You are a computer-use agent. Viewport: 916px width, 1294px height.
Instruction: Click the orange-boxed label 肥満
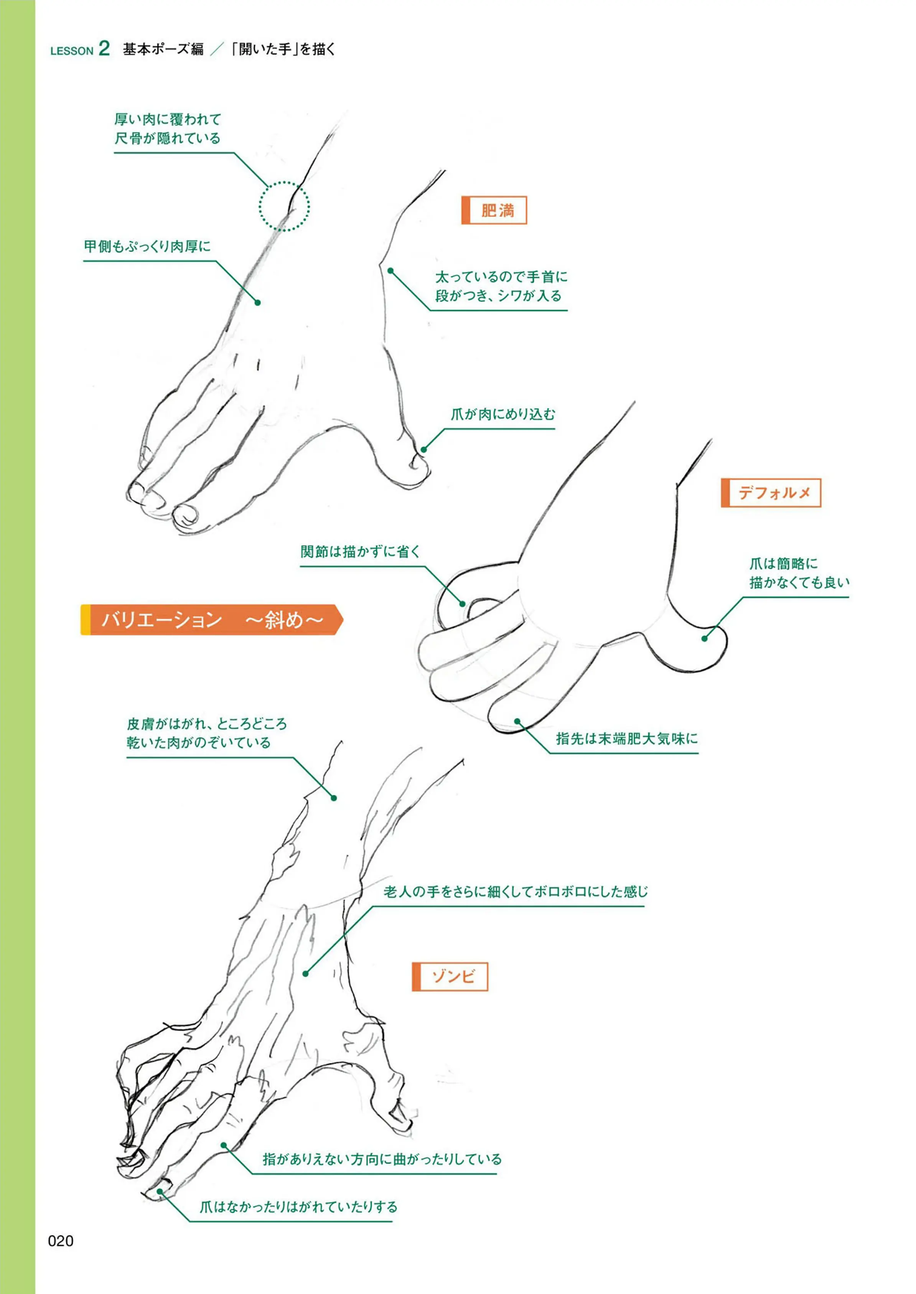tap(494, 210)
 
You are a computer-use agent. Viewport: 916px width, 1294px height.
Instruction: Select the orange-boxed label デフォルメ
tap(771, 493)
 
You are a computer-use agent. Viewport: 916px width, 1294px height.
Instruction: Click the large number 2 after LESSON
tap(104, 48)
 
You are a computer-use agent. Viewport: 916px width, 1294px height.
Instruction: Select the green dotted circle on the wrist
tap(284, 206)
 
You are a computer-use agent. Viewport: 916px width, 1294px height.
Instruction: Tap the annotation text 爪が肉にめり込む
tap(502, 415)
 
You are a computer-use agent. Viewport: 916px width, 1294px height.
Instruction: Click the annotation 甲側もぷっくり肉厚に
tap(147, 247)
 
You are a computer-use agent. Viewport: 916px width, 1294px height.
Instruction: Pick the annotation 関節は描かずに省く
tap(361, 552)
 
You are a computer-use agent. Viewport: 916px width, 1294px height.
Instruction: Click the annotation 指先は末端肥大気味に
tap(627, 739)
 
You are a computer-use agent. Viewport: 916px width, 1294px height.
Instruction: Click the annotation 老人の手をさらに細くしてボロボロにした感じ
tap(516, 892)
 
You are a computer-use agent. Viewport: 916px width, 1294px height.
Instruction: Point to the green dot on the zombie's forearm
tap(334, 798)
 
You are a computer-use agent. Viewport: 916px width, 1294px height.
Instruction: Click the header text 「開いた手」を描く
tap(283, 49)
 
